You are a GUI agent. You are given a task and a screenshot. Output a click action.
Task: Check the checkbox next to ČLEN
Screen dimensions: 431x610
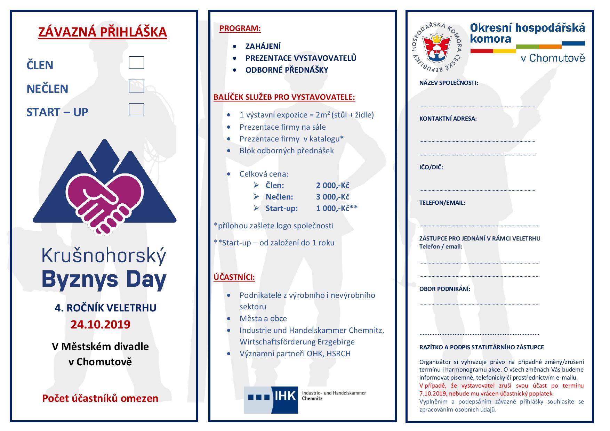pos(136,63)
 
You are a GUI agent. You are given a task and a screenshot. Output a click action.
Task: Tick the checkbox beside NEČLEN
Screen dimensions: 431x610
pos(136,86)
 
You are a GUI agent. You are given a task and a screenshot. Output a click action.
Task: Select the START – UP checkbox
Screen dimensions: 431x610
pos(136,109)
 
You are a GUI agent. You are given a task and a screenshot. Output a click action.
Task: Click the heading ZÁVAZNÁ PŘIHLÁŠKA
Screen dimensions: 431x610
pos(102,32)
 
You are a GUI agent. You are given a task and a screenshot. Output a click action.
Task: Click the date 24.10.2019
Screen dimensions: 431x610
pos(101,324)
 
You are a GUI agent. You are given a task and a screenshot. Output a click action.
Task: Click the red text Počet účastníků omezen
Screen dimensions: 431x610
pos(100,398)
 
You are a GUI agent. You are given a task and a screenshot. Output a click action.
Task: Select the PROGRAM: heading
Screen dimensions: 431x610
pos(240,28)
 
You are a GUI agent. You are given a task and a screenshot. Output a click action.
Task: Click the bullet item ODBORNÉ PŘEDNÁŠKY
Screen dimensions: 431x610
pos(287,70)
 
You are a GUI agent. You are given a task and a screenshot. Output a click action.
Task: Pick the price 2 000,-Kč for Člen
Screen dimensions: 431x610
pos(332,185)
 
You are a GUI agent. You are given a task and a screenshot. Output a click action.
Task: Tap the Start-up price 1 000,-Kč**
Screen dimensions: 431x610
pos(337,208)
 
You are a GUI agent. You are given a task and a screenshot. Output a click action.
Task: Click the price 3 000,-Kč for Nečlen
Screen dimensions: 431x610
pos(332,197)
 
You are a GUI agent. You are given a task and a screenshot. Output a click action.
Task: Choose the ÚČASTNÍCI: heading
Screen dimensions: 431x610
pos(234,277)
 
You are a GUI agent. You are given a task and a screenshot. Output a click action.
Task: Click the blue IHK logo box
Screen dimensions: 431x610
pos(271,400)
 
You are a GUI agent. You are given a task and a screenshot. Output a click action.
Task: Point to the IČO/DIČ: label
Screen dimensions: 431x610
pos(431,167)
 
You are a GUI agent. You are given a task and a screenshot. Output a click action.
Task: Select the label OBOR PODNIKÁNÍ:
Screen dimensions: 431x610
pos(444,289)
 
